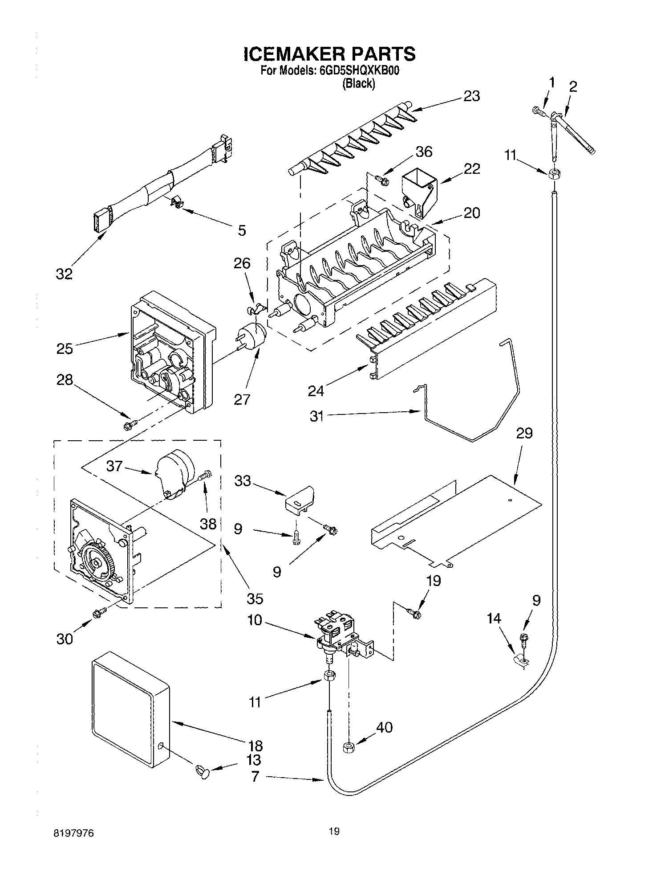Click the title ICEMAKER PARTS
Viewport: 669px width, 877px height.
(x=329, y=54)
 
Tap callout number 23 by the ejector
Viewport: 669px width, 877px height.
(x=471, y=96)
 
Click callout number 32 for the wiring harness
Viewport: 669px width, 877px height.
(x=64, y=274)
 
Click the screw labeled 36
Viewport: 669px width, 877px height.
(x=381, y=180)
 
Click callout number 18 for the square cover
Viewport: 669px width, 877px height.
(x=255, y=746)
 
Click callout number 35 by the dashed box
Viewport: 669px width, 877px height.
(x=255, y=598)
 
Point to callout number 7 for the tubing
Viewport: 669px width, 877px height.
(x=255, y=777)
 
